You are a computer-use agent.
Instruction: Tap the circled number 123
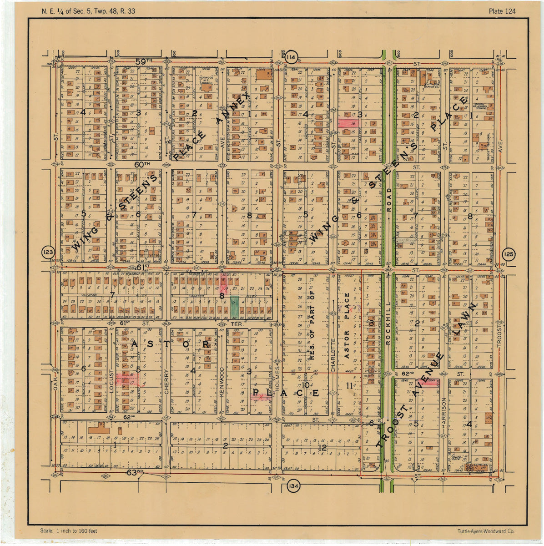point(48,253)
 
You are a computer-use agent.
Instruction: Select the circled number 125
point(509,254)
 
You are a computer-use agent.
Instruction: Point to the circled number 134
point(293,486)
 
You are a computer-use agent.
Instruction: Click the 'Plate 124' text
point(502,11)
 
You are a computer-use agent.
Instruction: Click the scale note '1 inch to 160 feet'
point(69,531)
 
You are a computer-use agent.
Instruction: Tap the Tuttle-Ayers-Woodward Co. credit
point(486,531)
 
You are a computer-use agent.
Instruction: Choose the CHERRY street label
point(166,381)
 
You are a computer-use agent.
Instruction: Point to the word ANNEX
point(233,108)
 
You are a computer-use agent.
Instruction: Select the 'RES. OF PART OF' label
point(312,326)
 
